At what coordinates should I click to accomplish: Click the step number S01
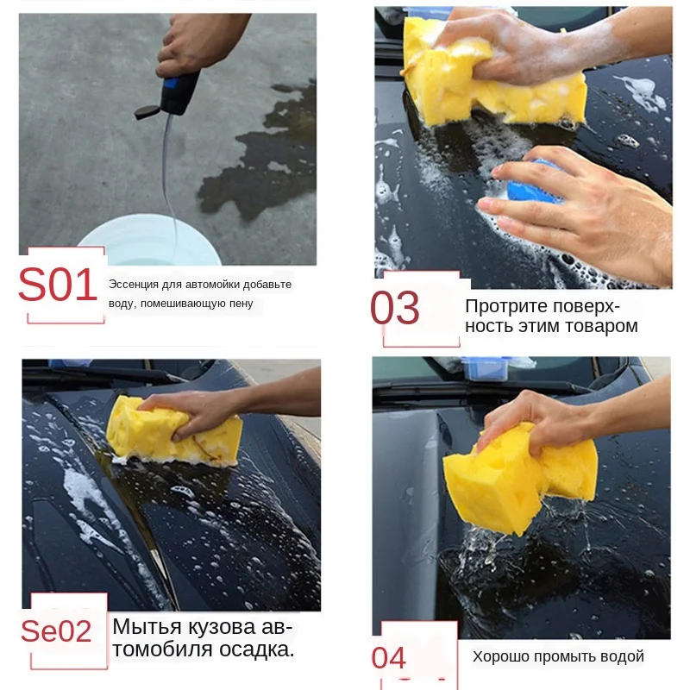58,285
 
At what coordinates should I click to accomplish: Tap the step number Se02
56,631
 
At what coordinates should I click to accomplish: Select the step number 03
395,308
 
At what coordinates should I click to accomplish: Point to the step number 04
388,658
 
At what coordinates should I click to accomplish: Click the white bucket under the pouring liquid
148,240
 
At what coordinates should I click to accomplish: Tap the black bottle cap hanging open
147,112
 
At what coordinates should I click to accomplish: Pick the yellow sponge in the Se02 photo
174,431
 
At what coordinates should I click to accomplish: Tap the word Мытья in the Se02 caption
147,627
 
